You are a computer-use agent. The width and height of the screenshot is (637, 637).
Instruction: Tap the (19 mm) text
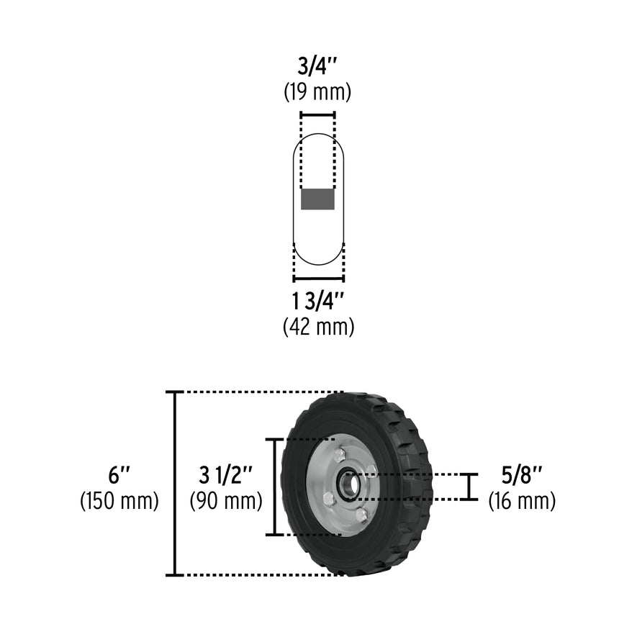click(x=317, y=92)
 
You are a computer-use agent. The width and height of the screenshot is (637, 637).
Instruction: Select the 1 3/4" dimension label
click(x=318, y=301)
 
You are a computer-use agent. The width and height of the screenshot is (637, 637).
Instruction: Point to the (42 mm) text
click(x=318, y=327)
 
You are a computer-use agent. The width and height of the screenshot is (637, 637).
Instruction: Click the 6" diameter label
click(x=119, y=475)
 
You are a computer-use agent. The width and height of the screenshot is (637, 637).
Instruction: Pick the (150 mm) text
click(x=119, y=500)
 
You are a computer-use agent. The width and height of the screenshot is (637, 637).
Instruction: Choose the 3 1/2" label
click(x=226, y=475)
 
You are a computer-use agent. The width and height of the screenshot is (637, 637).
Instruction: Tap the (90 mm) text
click(x=226, y=500)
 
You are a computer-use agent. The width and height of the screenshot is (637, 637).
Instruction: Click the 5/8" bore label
click(x=522, y=475)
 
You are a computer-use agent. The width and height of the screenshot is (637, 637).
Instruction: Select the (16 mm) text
click(x=522, y=500)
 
